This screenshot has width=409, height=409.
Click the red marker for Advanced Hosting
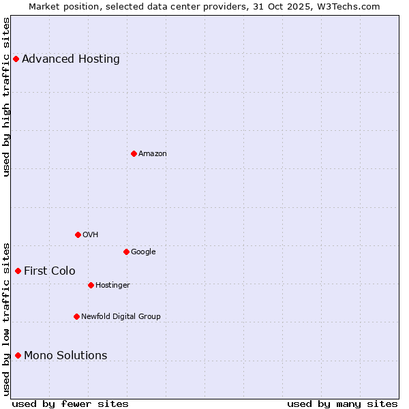pyautogui.click(x=16, y=59)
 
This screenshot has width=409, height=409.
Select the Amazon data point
pyautogui.click(x=134, y=153)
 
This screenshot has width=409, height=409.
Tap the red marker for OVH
pyautogui.click(x=78, y=234)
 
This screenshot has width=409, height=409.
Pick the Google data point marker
pyautogui.click(x=126, y=252)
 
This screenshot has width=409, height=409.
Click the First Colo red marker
pyautogui.click(x=18, y=271)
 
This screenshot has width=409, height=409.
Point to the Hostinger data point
pyautogui.click(x=91, y=285)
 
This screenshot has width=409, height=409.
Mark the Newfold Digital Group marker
pyautogui.click(x=76, y=316)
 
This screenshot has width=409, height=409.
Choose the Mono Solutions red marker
pyautogui.click(x=18, y=355)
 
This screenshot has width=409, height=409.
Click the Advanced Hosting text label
pyautogui.click(x=71, y=59)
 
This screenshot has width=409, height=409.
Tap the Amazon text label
pyautogui.click(x=153, y=153)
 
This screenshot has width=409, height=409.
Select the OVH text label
pyautogui.click(x=91, y=234)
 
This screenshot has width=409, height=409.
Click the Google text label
pyautogui.click(x=143, y=252)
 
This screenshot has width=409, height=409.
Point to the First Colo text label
pyautogui.click(x=50, y=271)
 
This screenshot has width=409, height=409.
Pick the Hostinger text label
pyautogui.click(x=112, y=285)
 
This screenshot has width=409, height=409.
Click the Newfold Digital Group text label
pyautogui.click(x=121, y=316)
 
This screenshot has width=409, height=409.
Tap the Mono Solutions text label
pyautogui.click(x=65, y=355)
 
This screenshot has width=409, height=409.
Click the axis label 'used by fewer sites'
pyautogui.click(x=70, y=404)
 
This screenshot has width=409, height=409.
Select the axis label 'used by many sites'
pyautogui.click(x=342, y=404)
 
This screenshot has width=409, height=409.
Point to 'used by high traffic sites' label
pyautogui.click(x=6, y=97)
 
